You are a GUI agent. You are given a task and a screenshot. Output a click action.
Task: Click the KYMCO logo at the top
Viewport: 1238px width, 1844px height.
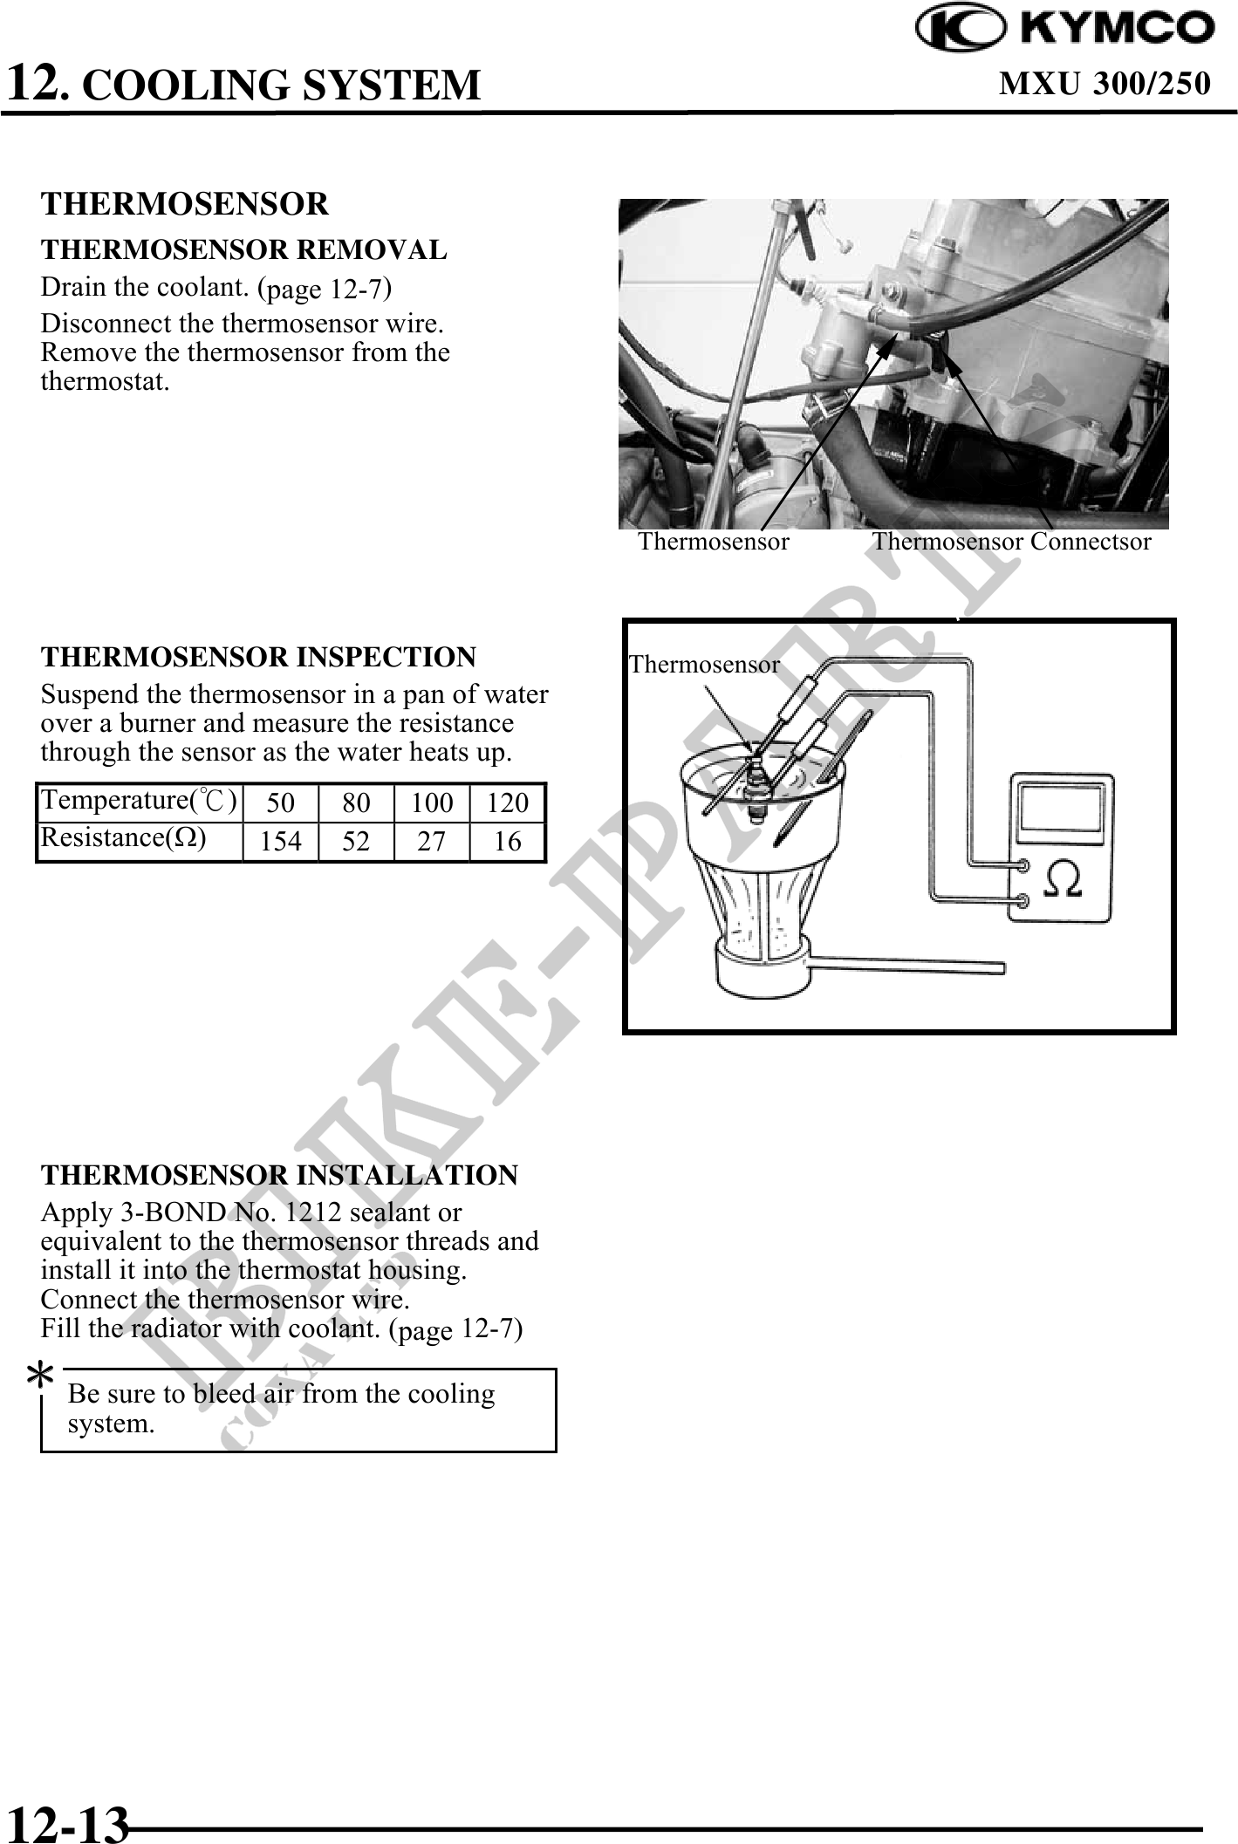1065,29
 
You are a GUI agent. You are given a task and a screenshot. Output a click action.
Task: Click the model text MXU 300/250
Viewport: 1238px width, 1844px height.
1105,83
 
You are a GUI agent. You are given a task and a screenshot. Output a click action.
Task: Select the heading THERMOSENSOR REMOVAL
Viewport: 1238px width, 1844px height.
243,250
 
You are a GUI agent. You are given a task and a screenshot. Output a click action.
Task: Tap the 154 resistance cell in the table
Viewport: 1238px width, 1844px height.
280,842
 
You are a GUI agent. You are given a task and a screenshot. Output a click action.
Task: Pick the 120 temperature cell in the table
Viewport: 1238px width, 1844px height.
507,802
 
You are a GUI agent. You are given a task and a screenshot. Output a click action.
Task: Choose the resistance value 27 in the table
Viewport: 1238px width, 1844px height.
431,842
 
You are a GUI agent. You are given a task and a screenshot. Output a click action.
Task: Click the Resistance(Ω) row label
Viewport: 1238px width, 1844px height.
123,838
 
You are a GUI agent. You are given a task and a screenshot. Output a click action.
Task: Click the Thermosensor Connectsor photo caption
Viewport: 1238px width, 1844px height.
1011,542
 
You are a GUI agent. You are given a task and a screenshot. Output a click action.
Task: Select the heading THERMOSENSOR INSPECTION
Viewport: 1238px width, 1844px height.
258,657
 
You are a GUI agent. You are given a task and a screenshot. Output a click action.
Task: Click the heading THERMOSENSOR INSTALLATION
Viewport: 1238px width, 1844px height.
279,1175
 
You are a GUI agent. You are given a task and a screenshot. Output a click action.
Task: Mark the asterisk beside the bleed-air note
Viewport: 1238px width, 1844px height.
39,1376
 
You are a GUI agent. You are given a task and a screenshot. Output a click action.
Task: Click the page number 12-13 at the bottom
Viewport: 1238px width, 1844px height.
67,1822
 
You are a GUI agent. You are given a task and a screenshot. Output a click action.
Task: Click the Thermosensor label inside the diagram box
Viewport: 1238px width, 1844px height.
704,665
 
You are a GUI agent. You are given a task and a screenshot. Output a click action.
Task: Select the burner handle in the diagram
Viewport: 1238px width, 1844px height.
907,965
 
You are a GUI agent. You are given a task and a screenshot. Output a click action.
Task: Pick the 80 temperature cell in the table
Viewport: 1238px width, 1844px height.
356,802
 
